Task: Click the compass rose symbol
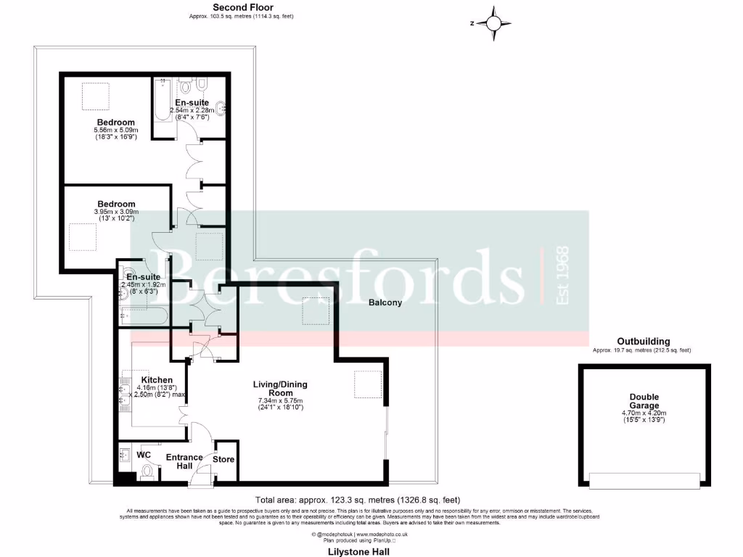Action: point(493,23)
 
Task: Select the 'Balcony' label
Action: point(385,302)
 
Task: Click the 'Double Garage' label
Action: point(644,401)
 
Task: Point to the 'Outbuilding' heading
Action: point(643,341)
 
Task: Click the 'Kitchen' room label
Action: point(157,379)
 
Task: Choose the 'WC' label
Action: point(144,455)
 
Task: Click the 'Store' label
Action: point(223,458)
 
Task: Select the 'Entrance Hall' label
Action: point(185,461)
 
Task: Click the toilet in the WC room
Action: point(148,471)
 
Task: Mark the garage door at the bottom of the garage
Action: point(644,481)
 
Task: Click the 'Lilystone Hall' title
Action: point(358,551)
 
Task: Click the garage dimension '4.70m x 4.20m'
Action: point(644,413)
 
